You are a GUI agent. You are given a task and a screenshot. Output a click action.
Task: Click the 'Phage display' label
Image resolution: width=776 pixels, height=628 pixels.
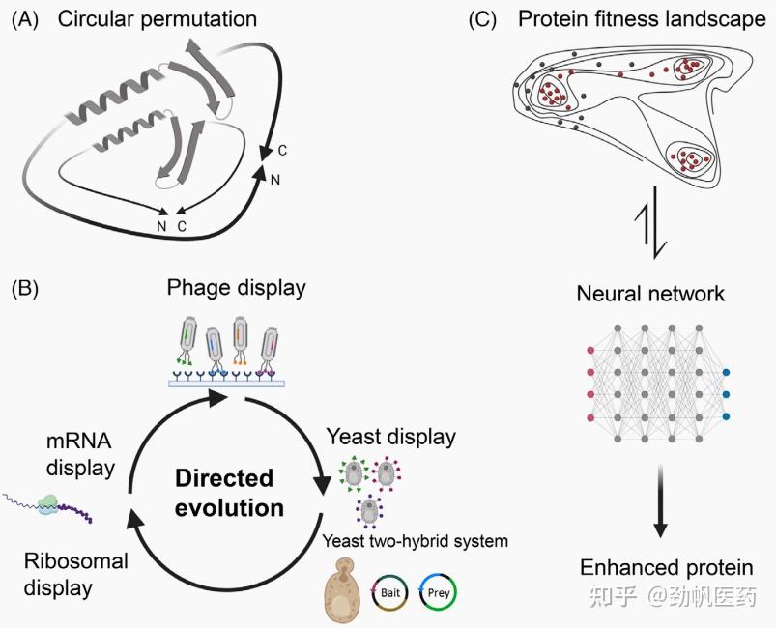point(236,287)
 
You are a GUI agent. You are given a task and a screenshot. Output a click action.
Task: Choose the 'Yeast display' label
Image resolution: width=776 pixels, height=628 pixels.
point(390,437)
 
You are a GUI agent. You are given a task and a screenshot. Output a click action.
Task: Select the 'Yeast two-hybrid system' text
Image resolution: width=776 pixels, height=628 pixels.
point(415,541)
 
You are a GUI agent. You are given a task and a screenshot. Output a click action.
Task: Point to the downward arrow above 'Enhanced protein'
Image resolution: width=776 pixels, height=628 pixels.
point(661,503)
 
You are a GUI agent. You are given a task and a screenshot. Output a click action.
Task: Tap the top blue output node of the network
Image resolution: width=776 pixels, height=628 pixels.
point(726,372)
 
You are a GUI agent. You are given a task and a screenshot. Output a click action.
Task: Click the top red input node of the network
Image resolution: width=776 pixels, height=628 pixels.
point(590,351)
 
